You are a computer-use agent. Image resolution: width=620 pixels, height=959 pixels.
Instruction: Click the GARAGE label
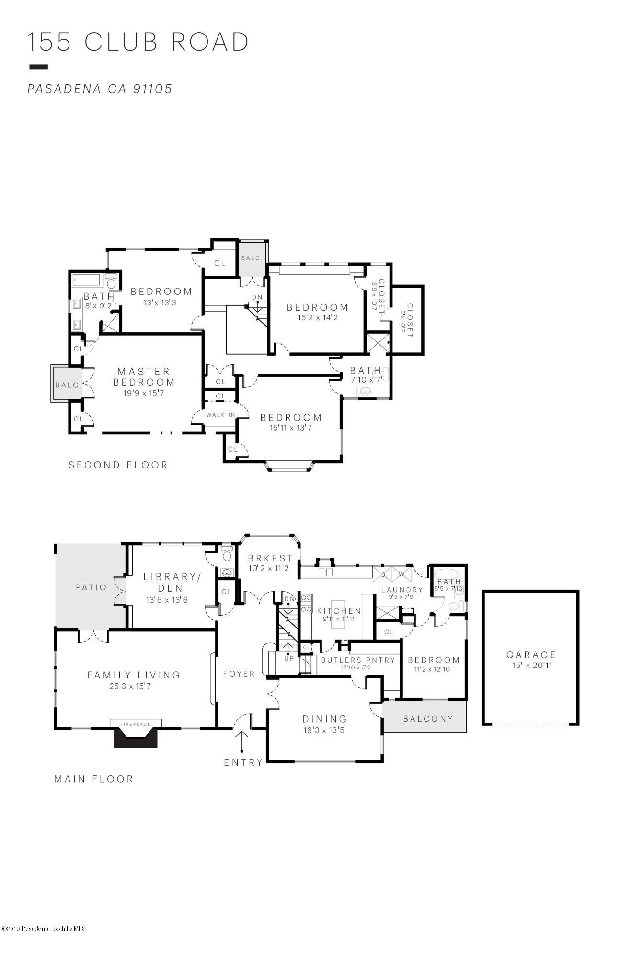531,655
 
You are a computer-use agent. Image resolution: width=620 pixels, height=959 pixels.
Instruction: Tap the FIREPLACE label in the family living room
136,724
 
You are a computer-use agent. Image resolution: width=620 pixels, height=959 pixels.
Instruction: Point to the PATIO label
91,587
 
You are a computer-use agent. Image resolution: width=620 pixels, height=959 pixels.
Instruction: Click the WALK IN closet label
220,415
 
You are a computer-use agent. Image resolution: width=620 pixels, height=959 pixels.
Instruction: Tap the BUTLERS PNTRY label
358,660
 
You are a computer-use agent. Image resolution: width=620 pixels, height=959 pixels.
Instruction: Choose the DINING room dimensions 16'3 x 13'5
324,730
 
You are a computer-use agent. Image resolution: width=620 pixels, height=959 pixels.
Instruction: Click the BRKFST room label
270,558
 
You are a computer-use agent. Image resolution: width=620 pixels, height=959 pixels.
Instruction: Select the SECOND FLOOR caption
118,465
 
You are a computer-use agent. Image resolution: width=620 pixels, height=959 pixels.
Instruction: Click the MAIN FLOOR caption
93,779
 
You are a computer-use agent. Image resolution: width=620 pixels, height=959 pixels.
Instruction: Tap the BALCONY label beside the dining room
428,718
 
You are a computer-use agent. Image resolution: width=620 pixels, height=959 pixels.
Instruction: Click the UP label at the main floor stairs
289,658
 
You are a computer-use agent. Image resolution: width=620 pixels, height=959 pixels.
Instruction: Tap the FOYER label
239,674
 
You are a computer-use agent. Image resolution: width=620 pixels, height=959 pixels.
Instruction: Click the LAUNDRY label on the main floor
402,590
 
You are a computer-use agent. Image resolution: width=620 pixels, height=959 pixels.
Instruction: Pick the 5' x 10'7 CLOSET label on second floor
409,320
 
